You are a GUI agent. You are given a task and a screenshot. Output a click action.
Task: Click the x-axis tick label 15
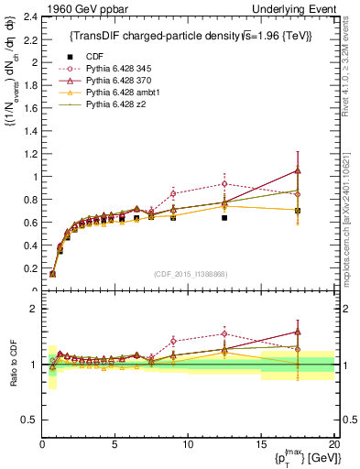coord(261,443)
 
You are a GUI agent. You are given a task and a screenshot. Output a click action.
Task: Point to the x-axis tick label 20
coord(333,443)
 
